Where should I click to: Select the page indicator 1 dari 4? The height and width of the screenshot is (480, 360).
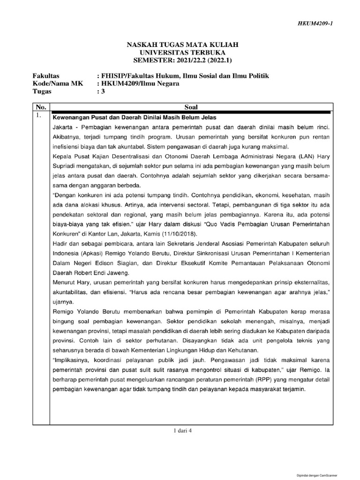point(183,432)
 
